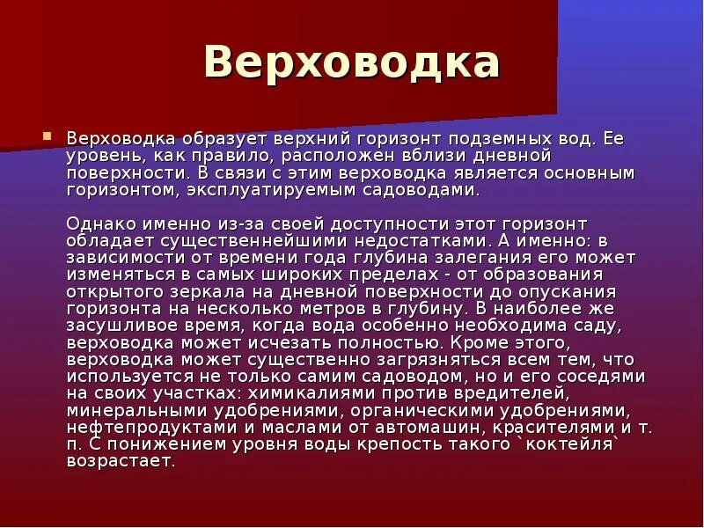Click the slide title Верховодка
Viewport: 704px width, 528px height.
click(351, 63)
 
